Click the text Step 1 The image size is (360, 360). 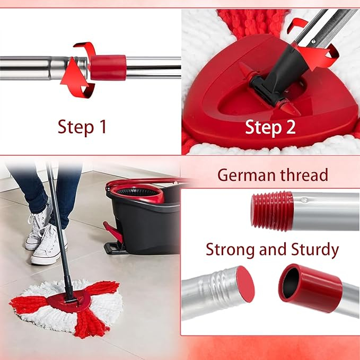(82, 128)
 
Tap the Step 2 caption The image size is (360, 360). (270, 127)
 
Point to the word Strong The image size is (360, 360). (232, 249)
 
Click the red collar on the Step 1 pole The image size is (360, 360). (108, 67)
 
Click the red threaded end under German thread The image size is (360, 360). (272, 211)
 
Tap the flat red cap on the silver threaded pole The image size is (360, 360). (244, 284)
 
